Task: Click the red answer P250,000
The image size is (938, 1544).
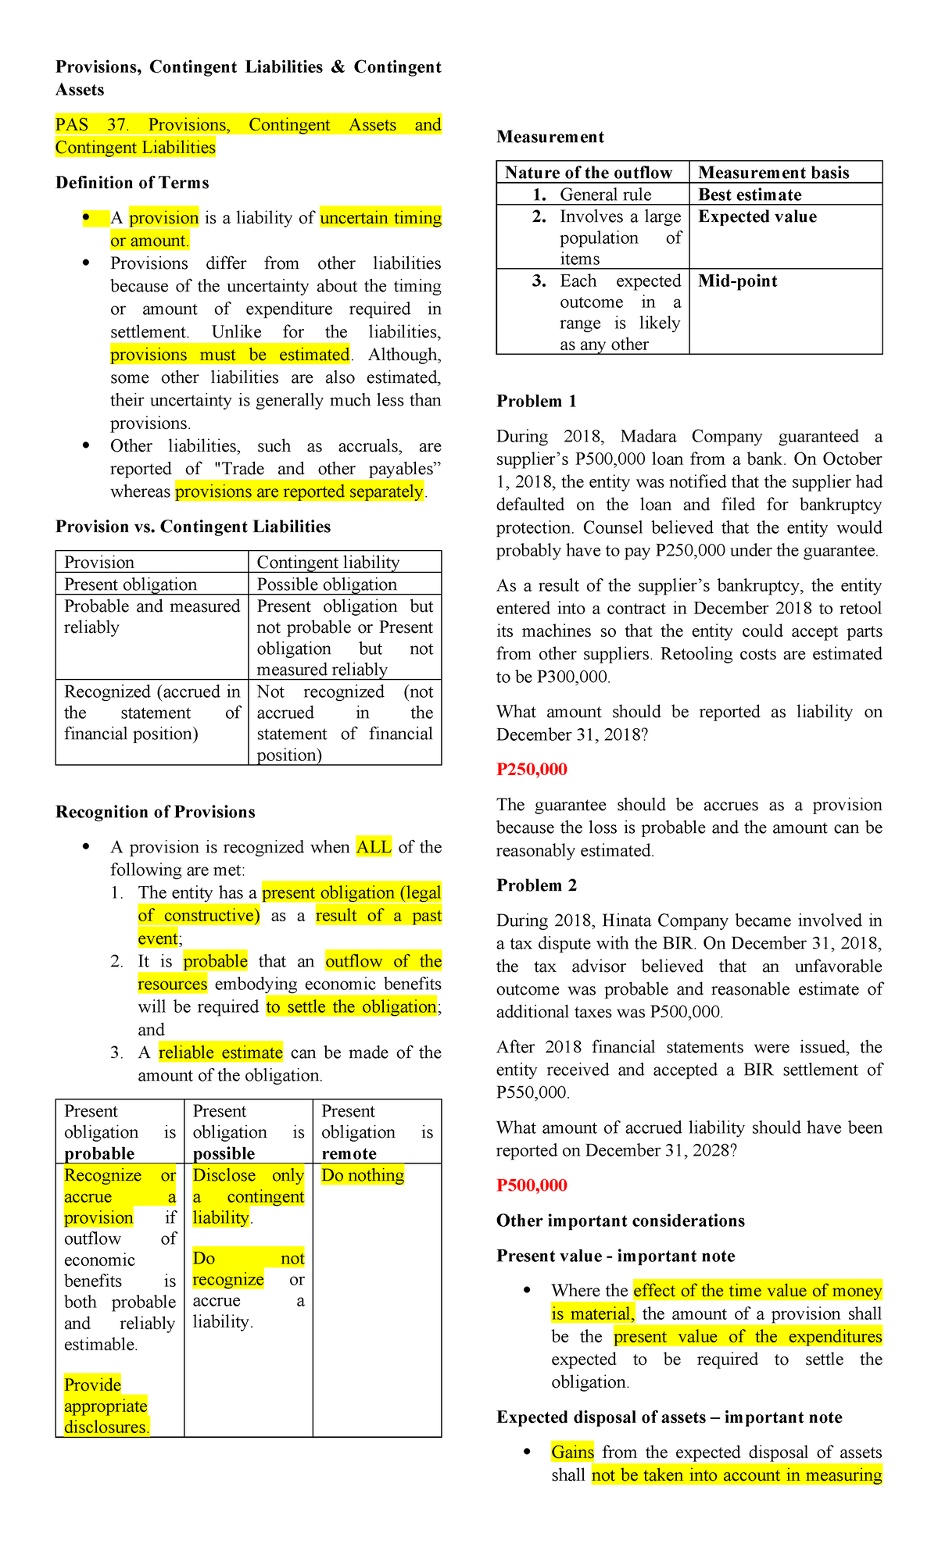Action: (x=532, y=770)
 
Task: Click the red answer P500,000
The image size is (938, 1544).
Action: (x=532, y=1185)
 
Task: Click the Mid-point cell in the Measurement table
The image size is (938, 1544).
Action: (x=737, y=281)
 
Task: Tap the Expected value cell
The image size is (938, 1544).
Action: (x=757, y=217)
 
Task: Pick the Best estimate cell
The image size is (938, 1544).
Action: (x=750, y=195)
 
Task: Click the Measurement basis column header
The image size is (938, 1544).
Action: (x=773, y=173)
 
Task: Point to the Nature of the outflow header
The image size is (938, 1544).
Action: (x=588, y=173)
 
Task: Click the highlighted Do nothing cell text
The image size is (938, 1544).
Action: (x=363, y=1175)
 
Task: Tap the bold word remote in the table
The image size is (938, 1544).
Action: (x=349, y=1154)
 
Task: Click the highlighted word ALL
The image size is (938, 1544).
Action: (x=374, y=847)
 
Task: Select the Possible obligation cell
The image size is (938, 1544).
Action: (x=327, y=584)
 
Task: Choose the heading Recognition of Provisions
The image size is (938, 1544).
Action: (x=155, y=812)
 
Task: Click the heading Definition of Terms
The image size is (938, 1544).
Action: (x=132, y=183)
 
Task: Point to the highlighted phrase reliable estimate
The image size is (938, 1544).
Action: (x=220, y=1053)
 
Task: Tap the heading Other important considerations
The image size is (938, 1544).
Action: (x=620, y=1221)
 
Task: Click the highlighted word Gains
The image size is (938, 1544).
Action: (x=572, y=1452)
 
